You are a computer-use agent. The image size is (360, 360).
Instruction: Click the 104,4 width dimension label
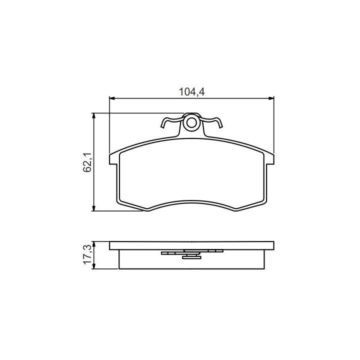[x=191, y=92]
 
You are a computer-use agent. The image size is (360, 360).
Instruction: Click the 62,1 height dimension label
[x=87, y=162]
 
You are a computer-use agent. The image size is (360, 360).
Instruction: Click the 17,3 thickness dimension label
[x=87, y=254]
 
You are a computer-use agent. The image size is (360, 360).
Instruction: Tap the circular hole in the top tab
[x=191, y=123]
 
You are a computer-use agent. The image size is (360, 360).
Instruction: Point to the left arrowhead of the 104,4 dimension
[x=112, y=98]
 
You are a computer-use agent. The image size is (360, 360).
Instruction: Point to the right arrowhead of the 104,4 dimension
[x=271, y=98]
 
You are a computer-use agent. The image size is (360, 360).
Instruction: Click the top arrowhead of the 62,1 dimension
[x=93, y=115]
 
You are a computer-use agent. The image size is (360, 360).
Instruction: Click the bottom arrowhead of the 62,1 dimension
[x=93, y=208]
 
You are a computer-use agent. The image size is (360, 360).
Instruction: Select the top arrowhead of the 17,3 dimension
[x=93, y=244]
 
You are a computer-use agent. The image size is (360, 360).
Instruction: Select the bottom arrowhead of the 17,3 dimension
[x=93, y=266]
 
